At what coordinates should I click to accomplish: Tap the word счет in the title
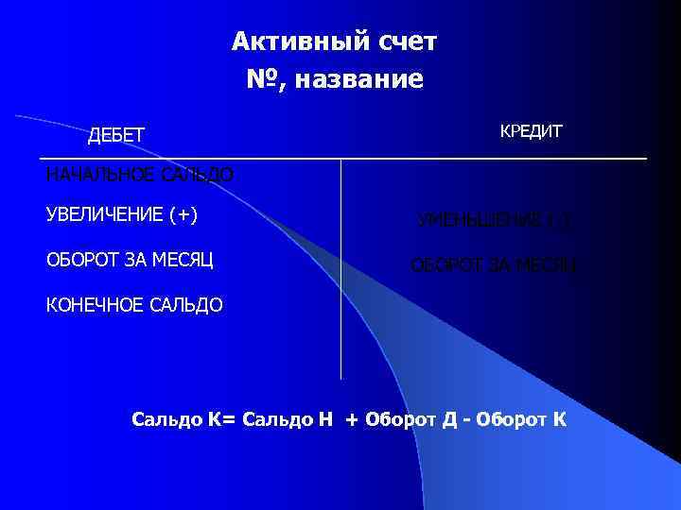click(398, 42)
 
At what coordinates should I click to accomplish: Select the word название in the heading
click(358, 80)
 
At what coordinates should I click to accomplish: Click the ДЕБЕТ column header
click(116, 136)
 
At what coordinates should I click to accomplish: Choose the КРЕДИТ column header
click(531, 131)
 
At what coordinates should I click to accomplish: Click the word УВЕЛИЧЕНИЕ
click(103, 214)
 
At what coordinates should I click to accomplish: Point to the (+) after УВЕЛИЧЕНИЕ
click(182, 214)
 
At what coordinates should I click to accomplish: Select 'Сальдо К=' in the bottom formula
click(183, 417)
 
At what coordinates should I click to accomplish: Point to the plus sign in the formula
click(352, 418)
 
